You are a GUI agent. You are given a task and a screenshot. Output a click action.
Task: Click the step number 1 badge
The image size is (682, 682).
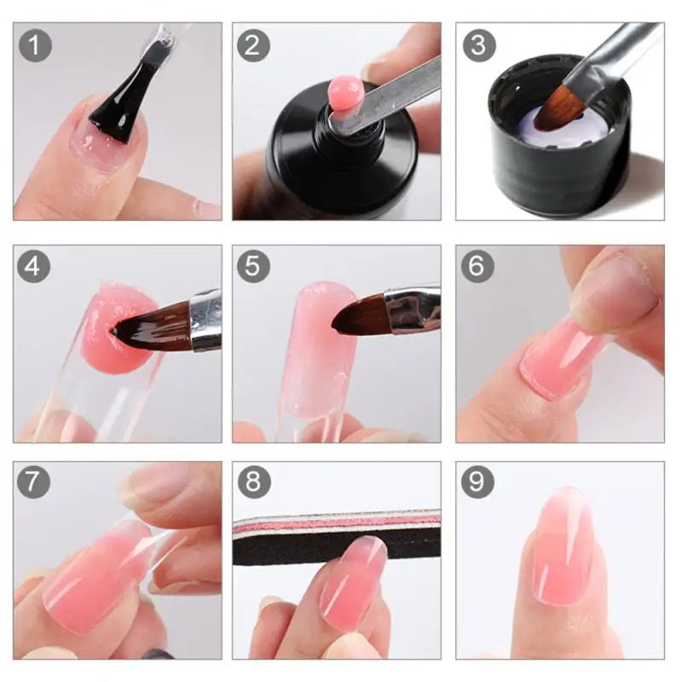(34, 44)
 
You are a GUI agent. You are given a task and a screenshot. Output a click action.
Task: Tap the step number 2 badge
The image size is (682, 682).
(253, 44)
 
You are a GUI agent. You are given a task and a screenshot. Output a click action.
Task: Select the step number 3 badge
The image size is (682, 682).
(477, 44)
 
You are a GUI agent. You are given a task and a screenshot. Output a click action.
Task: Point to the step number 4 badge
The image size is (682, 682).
(34, 267)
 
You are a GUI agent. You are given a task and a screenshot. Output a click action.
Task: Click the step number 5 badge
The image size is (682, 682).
(253, 267)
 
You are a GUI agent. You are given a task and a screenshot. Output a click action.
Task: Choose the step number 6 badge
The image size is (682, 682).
(477, 267)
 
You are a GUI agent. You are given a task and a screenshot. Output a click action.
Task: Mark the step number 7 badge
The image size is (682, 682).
(34, 483)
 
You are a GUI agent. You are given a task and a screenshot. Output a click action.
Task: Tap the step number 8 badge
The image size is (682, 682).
(253, 483)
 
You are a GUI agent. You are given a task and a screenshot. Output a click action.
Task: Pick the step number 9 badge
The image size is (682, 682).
(477, 483)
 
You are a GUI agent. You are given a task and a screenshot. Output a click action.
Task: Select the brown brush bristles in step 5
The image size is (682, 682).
(358, 315)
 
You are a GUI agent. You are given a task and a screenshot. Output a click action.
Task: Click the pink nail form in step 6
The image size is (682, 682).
(558, 358)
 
